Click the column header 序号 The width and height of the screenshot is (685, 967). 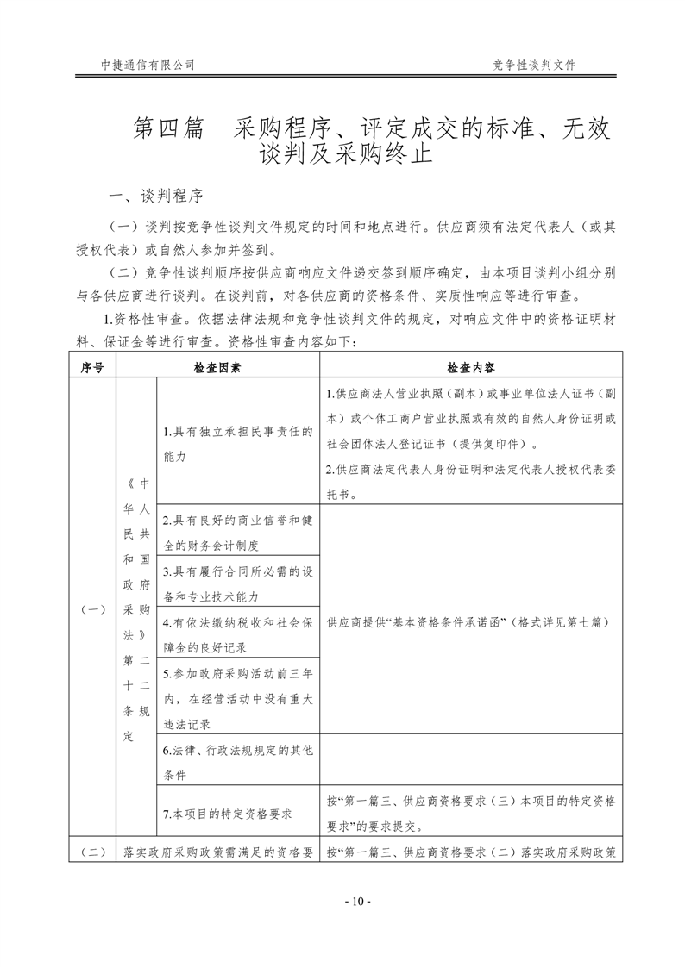coord(92,366)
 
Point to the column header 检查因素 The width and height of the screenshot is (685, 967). coord(217,366)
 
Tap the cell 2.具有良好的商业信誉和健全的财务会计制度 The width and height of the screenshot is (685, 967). coord(236,533)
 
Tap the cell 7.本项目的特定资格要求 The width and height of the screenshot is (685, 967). coord(227,813)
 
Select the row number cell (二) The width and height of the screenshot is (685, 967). coord(92,852)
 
